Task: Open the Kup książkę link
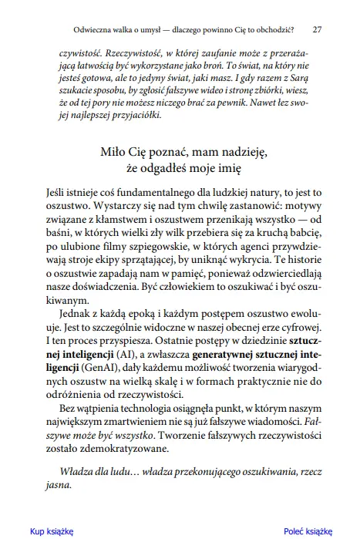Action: tap(51, 531)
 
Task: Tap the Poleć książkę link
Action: tap(307, 531)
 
